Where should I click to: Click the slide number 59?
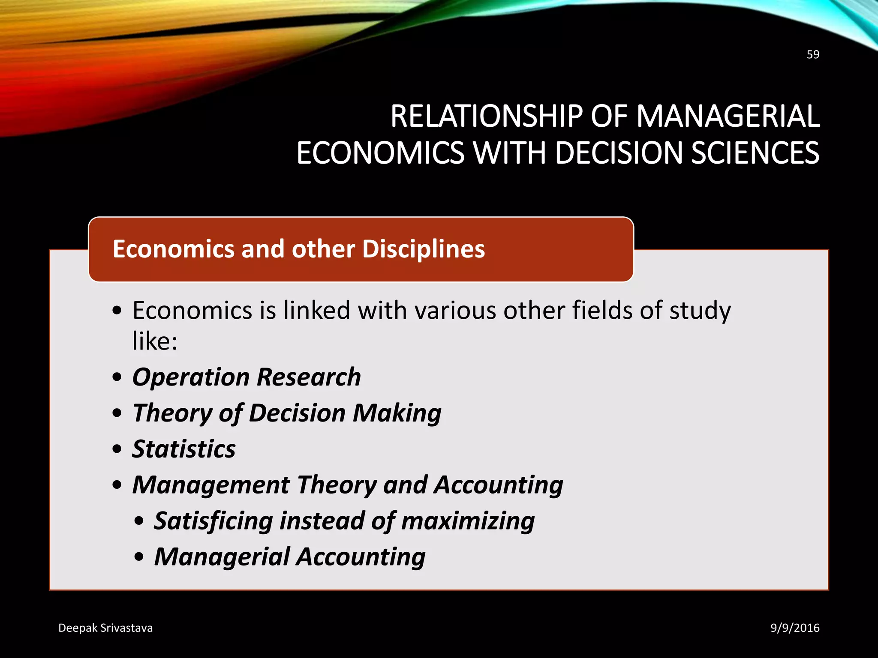tap(813, 54)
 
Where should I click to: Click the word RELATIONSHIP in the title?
tap(486, 117)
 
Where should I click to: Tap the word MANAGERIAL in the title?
tap(728, 117)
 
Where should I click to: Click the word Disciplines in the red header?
tap(424, 249)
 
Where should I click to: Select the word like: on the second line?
tap(155, 341)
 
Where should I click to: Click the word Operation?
tap(191, 377)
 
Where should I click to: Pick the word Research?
tap(309, 377)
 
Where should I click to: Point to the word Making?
tap(397, 413)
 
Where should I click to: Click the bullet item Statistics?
tap(184, 449)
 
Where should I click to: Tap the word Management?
tap(211, 485)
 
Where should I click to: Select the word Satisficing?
tap(213, 521)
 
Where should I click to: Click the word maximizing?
tap(468, 521)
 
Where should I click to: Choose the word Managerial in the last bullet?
tap(222, 557)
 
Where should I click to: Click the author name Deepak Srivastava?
tap(105, 628)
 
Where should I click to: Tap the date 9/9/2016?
tap(795, 628)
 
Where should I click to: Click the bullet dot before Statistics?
tap(117, 449)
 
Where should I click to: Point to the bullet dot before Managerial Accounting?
tap(139, 557)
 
